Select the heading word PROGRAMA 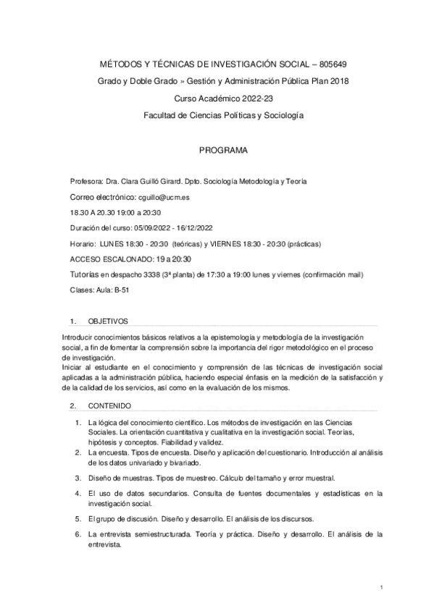pyautogui.click(x=223, y=151)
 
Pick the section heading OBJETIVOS pyautogui.click(x=108, y=320)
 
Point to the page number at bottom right pyautogui.click(x=380, y=586)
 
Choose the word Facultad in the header pyautogui.click(x=161, y=115)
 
